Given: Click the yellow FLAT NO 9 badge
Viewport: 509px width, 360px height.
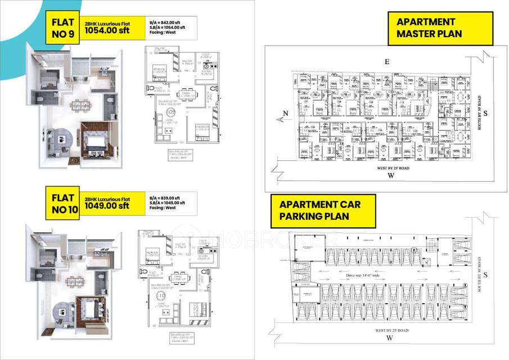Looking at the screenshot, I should [x=62, y=29].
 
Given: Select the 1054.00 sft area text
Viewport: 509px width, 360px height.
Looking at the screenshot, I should [x=107, y=31].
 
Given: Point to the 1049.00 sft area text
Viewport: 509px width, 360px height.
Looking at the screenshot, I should [x=107, y=206].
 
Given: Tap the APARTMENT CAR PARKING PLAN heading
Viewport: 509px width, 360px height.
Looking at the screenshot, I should [x=320, y=210].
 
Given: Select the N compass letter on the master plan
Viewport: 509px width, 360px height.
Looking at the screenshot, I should [x=285, y=113].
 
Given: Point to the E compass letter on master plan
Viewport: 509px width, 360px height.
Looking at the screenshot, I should [x=386, y=61].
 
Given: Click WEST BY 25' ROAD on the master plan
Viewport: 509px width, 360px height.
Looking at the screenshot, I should [x=386, y=168].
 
